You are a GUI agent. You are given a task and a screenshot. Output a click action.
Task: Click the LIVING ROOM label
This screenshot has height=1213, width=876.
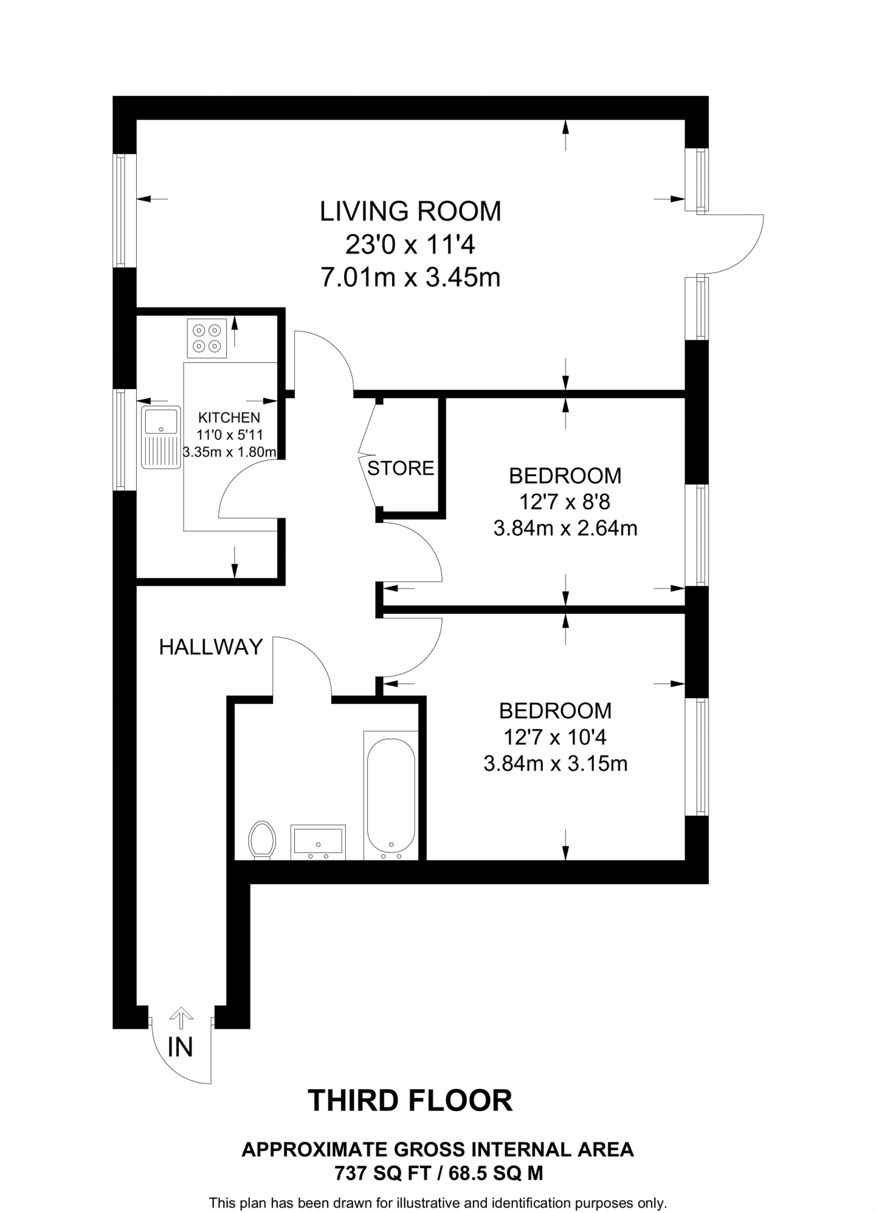410,211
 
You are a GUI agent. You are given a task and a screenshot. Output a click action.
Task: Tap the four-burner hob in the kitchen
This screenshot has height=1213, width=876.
207,339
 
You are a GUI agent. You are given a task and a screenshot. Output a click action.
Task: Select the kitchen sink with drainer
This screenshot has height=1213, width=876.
161,437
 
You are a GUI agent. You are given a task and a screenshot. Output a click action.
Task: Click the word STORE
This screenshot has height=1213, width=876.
400,468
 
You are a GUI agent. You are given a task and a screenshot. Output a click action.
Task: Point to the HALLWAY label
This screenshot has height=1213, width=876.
211,647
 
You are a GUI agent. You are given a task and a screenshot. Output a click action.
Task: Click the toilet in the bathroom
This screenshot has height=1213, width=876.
262,839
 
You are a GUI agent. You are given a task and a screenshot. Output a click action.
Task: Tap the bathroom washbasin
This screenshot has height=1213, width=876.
318,842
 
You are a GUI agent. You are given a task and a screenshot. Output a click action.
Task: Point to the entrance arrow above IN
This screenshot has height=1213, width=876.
181,1018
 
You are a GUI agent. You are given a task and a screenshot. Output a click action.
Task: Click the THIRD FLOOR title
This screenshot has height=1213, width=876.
410,1101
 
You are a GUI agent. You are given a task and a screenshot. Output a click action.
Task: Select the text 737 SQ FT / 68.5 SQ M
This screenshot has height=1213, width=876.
438,1173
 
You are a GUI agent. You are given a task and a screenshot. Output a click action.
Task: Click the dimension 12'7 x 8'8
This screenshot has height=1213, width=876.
564,502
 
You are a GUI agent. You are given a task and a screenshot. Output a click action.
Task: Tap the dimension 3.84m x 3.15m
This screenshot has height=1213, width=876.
555,764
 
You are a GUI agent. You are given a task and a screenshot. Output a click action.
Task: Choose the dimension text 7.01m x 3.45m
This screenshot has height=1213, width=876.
410,277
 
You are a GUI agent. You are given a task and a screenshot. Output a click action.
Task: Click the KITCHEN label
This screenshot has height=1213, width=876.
229,418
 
